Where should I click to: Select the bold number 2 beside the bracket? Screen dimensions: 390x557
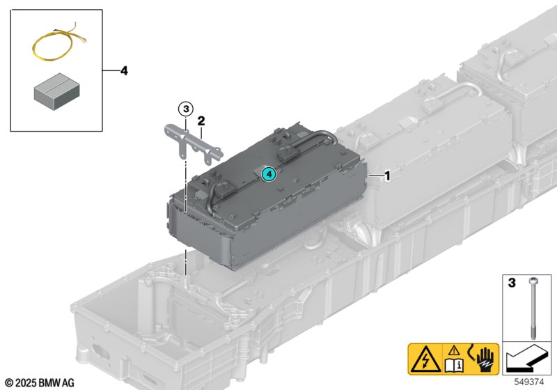[x=201, y=120]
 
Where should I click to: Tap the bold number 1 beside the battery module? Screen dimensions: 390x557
[x=387, y=177]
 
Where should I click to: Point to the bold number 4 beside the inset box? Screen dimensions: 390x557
[x=124, y=71]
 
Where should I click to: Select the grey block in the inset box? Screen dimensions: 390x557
[x=56, y=92]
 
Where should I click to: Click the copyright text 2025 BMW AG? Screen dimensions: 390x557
[x=39, y=382]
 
